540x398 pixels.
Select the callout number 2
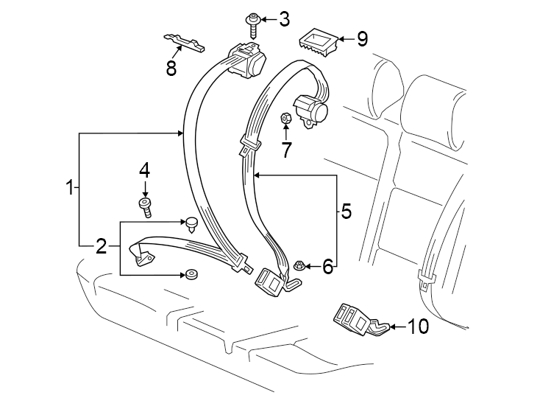[102, 246]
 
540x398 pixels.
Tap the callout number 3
[283, 18]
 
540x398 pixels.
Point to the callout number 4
[145, 170]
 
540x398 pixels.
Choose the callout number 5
[346, 212]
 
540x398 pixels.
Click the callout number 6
[327, 266]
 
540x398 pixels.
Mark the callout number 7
[286, 149]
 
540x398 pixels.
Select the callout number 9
[361, 38]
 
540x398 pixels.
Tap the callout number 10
[417, 326]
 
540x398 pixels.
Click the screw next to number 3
[254, 23]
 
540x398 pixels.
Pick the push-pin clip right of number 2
[193, 223]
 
